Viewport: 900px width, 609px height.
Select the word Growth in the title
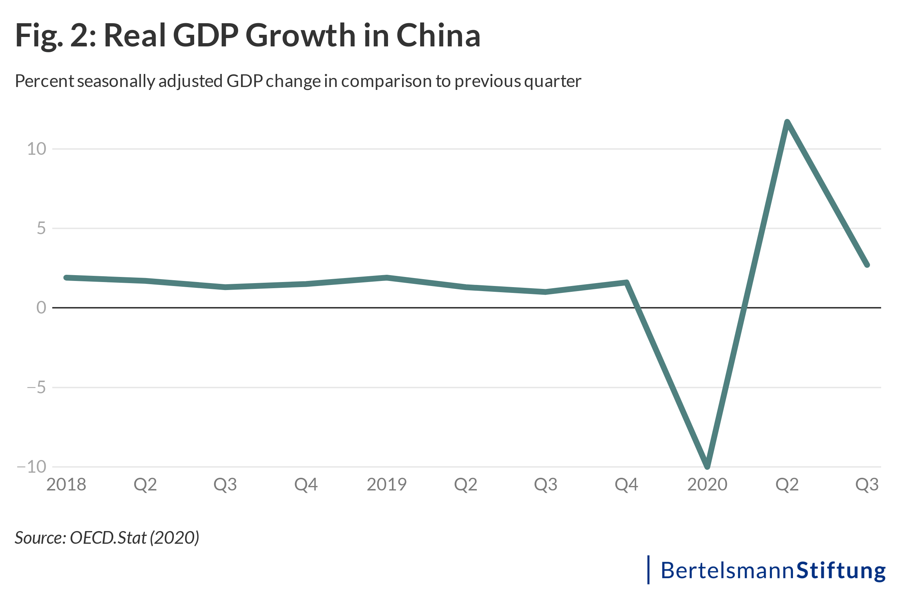[x=300, y=35]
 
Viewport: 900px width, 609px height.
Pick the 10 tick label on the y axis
[x=36, y=149]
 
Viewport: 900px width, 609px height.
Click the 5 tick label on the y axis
[x=41, y=228]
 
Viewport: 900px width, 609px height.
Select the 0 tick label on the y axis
[x=41, y=308]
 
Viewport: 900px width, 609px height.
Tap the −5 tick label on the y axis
[x=36, y=387]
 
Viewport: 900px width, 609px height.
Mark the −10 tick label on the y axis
[x=32, y=467]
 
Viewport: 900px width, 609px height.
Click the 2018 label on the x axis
[x=66, y=484]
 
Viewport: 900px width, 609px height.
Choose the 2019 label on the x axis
[x=386, y=484]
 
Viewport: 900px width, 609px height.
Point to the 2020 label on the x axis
[x=707, y=484]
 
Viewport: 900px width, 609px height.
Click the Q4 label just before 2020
[x=626, y=484]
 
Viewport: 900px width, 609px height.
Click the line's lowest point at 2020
[x=707, y=466]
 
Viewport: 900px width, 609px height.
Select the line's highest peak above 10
[x=787, y=123]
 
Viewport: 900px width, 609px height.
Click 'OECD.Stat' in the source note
[x=108, y=538]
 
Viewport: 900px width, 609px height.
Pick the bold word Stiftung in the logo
[x=841, y=570]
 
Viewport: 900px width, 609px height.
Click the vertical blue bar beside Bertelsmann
[x=648, y=570]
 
